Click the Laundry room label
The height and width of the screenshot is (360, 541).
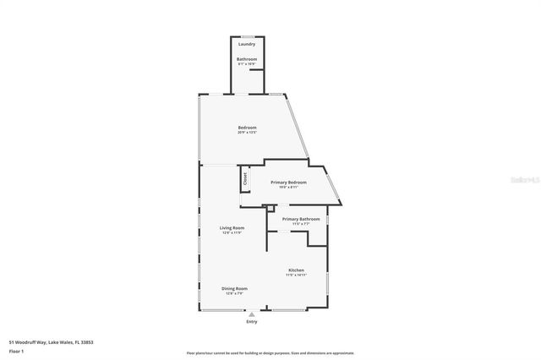pos(246,44)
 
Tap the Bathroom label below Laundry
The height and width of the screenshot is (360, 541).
pos(246,58)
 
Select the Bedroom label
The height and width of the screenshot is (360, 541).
pos(246,128)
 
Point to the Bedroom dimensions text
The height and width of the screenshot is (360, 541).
pos(246,133)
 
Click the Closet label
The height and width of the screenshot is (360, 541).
pos(246,179)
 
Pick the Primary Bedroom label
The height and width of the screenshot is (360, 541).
pos(288,183)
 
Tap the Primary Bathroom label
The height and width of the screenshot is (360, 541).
pos(301,219)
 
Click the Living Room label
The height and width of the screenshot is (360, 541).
pos(232,227)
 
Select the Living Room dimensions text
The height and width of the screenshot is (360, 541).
pos(232,232)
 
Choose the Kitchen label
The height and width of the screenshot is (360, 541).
pos(295,270)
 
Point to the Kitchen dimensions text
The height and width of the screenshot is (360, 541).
pos(295,275)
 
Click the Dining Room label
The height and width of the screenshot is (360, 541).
pos(234,289)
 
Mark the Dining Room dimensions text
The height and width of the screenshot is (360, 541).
pos(234,294)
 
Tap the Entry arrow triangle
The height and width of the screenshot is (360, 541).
pos(251,314)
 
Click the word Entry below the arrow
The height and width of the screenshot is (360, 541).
pos(251,322)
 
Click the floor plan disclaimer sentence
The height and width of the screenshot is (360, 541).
pos(270,353)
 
